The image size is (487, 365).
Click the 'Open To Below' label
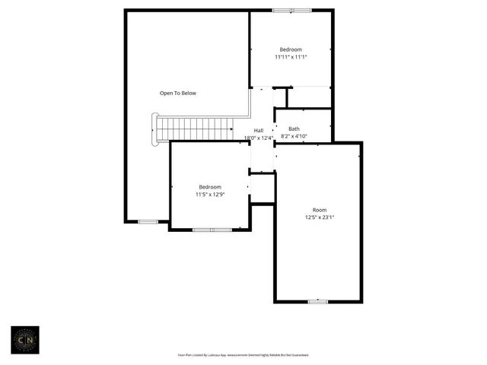pyautogui.click(x=177, y=94)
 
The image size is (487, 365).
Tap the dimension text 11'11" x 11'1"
pyautogui.click(x=291, y=57)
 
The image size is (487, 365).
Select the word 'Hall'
pyautogui.click(x=259, y=130)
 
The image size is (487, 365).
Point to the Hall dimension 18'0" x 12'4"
pyautogui.click(x=258, y=138)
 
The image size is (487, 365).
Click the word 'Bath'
pyautogui.click(x=294, y=129)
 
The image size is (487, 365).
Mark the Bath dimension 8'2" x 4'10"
pyautogui.click(x=294, y=137)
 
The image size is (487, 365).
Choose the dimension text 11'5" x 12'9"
pyautogui.click(x=210, y=195)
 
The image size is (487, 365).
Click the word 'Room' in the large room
pyautogui.click(x=319, y=210)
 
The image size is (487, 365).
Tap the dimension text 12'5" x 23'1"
pyautogui.click(x=319, y=217)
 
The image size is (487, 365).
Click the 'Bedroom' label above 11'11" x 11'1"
pyautogui.click(x=291, y=49)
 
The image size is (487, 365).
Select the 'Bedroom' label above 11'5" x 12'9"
pyautogui.click(x=210, y=187)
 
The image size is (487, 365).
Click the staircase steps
pyautogui.click(x=194, y=129)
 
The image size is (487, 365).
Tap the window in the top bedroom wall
pyautogui.click(x=291, y=10)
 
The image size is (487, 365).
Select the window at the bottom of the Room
pyautogui.click(x=318, y=302)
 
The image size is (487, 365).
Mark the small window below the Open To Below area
pyautogui.click(x=148, y=221)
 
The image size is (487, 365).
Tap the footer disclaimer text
pyautogui.click(x=243, y=355)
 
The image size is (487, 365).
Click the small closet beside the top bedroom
pyautogui.click(x=280, y=97)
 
